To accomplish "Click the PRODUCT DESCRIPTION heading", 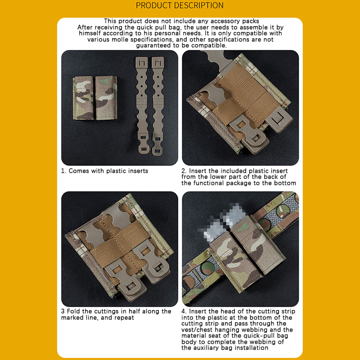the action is click(180, 5).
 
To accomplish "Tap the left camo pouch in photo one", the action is click(83, 98).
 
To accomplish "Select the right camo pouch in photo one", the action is click(106, 98).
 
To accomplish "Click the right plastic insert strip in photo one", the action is click(158, 106).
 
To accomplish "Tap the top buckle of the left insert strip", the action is click(142, 63).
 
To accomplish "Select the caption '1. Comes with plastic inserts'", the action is click(104, 171).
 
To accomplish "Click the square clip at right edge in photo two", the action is click(279, 119).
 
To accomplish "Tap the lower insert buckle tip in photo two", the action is click(255, 142).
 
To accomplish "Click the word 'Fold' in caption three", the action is click(73, 311).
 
